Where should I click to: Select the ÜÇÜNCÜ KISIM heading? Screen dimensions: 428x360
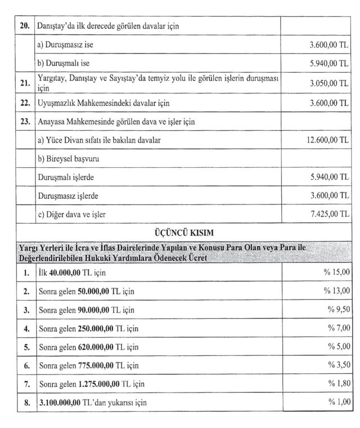[x=179, y=231]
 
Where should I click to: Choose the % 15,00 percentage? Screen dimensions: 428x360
[x=337, y=273]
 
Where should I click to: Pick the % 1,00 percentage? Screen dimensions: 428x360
[x=338, y=402]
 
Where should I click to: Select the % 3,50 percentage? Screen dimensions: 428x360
[x=338, y=365]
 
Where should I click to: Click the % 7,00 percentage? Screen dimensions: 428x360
[x=338, y=328]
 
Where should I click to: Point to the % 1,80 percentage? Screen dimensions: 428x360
[x=338, y=384]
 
